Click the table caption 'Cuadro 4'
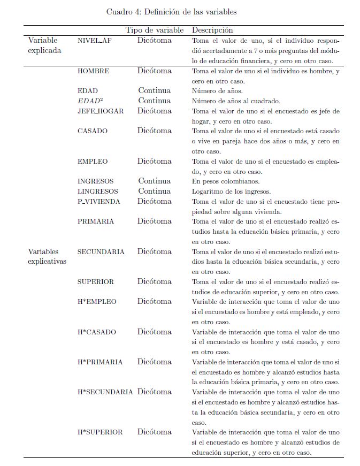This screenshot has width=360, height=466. [171, 11]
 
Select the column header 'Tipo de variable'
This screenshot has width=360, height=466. [155, 30]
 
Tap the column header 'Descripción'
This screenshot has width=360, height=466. [212, 30]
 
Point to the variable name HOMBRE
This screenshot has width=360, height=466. [93, 71]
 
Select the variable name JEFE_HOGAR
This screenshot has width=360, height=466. [101, 111]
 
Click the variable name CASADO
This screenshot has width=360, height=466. [93, 131]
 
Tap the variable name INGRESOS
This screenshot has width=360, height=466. [96, 181]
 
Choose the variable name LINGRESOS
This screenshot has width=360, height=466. [98, 192]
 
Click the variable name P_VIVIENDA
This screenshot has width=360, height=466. [99, 202]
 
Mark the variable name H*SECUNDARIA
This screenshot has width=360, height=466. [105, 392]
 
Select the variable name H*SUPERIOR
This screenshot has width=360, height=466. [100, 432]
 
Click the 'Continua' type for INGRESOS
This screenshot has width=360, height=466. [155, 181]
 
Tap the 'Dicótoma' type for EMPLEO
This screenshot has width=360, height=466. [155, 161]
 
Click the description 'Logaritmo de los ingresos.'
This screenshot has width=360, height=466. [232, 192]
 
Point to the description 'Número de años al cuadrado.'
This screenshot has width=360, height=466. [236, 101]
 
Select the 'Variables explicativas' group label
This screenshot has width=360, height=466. [47, 257]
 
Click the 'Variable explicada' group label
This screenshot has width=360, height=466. [45, 45]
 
